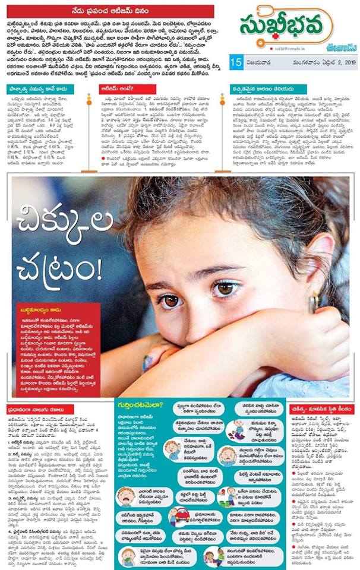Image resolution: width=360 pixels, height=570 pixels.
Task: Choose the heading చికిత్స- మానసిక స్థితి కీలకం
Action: [x=325, y=408]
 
